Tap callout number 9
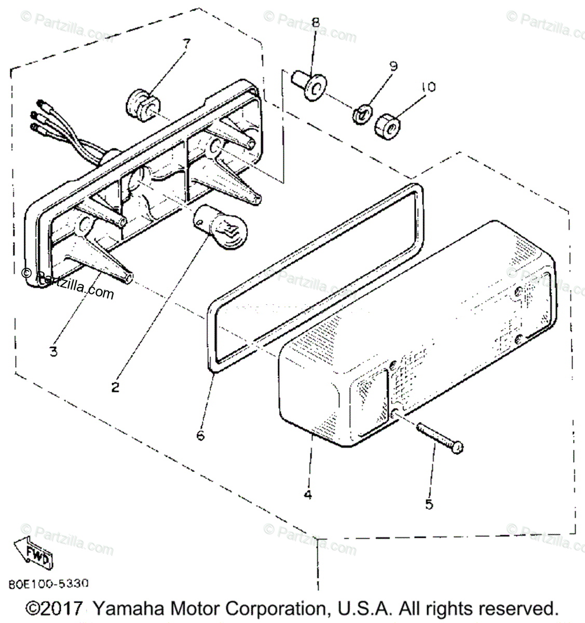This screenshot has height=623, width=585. pos(392,66)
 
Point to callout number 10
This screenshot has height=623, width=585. pos(428,87)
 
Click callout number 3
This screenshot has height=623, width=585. pos(53,351)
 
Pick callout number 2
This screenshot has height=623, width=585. pos(115,387)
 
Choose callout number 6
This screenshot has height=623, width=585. pos(200,435)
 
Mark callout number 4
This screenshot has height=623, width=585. pos(308,495)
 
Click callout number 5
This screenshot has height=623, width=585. pos(429,504)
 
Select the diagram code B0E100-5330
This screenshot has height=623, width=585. pos(49,584)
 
